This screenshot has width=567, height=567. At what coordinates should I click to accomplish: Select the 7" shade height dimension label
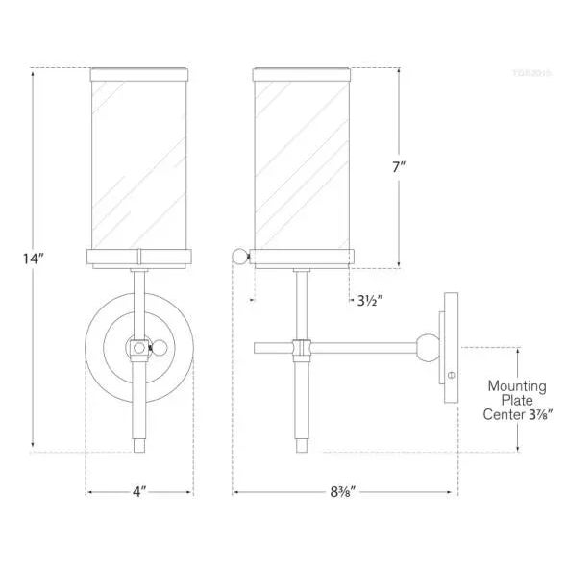pos(400,166)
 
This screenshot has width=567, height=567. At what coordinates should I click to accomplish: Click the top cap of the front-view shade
pos(140,71)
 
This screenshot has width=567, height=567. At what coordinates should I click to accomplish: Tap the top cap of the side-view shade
pos(301,71)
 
